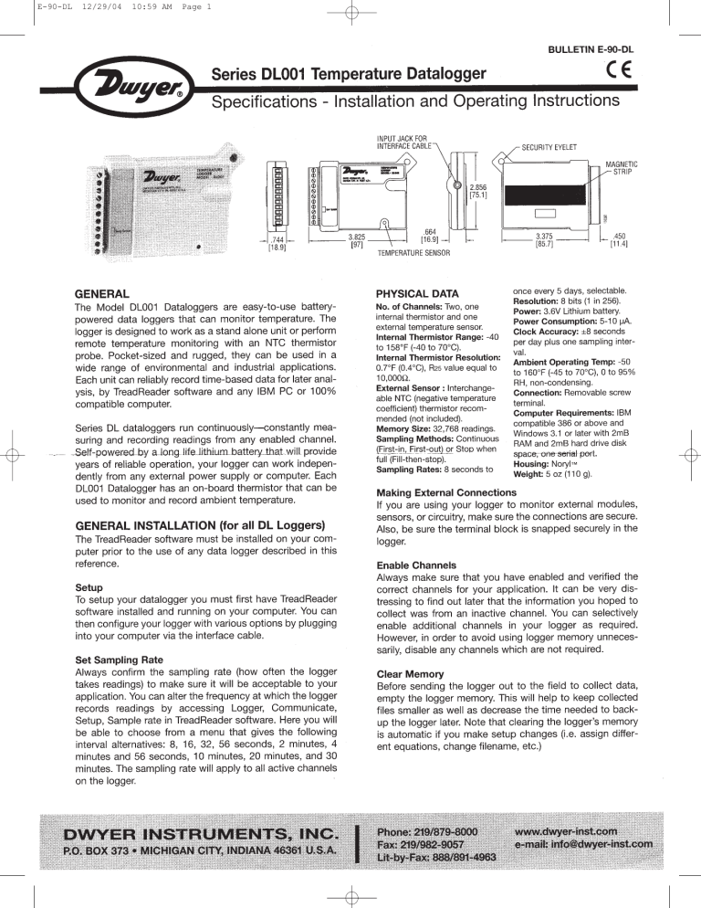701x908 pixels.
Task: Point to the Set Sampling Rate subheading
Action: pyautogui.click(x=120, y=657)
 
